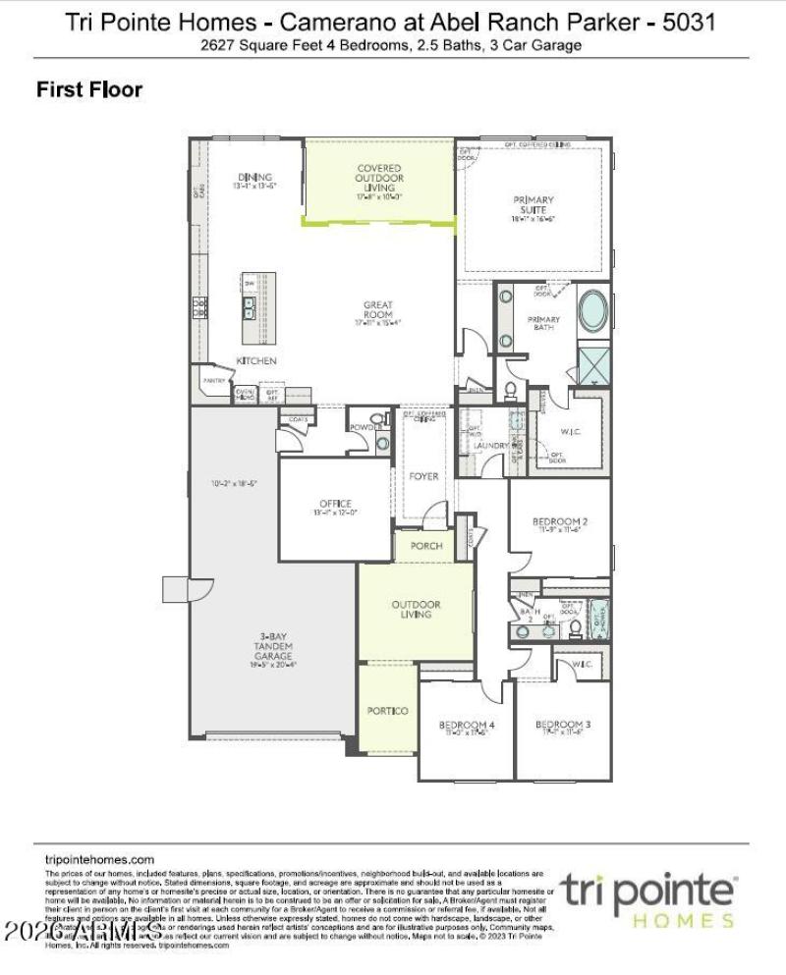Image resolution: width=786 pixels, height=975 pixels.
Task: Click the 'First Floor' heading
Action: point(89,89)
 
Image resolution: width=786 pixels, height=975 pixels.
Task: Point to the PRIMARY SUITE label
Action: point(533,205)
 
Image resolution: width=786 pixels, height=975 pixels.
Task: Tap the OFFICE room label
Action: point(335,504)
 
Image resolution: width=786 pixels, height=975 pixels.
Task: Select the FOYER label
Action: point(424,477)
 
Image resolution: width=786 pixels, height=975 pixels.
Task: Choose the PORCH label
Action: point(426,546)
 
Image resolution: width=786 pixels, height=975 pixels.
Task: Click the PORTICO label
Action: point(387,710)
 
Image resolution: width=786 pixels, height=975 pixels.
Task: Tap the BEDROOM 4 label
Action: point(467,726)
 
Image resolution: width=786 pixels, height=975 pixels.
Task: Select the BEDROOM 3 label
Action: point(563,726)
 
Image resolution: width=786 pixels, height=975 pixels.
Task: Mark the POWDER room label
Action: point(365,428)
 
